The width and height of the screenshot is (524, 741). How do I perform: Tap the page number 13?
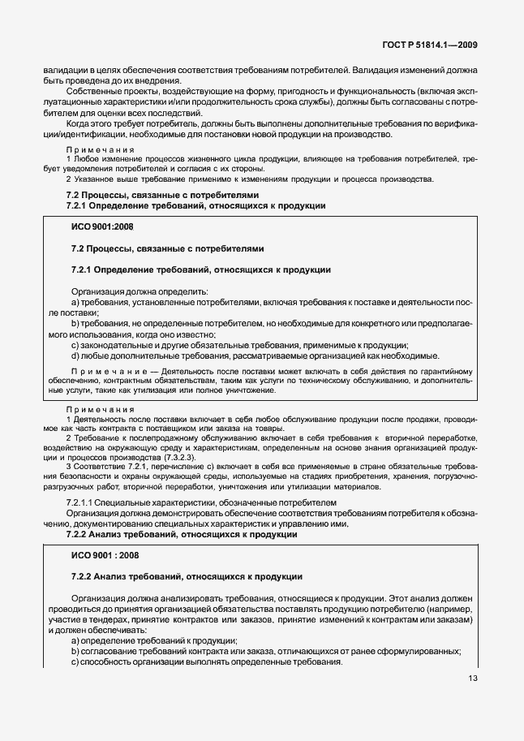[x=471, y=679]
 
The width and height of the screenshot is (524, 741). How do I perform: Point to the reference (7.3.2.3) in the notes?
[x=167, y=457]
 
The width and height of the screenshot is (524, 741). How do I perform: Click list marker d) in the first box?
[x=75, y=355]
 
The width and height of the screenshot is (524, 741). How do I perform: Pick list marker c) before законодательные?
[x=75, y=344]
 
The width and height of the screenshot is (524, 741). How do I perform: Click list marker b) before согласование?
[x=75, y=651]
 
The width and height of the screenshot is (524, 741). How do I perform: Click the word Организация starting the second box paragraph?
[x=99, y=597]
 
